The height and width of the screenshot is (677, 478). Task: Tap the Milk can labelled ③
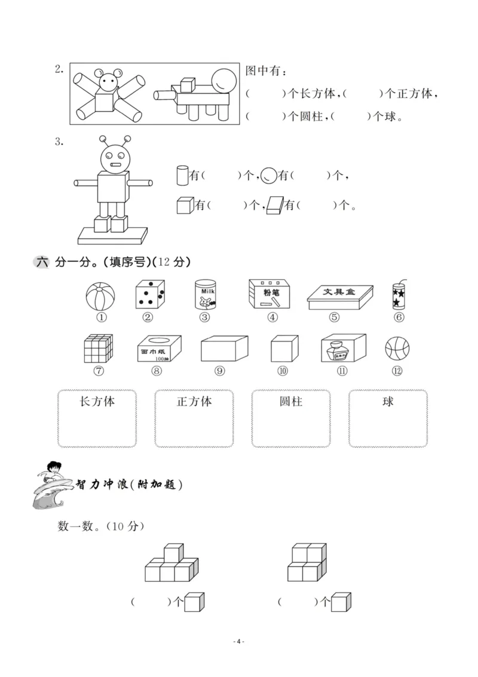click(204, 294)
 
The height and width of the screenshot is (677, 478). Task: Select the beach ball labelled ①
click(100, 295)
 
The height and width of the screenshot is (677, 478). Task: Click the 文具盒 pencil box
click(340, 297)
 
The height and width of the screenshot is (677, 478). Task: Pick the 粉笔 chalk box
click(271, 294)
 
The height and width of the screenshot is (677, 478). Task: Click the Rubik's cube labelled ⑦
click(99, 347)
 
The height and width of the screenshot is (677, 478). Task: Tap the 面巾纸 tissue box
click(158, 348)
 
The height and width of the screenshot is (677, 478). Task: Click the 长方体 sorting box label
click(97, 401)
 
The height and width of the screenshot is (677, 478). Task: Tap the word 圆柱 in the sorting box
click(291, 401)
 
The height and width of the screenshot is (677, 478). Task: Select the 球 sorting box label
click(388, 401)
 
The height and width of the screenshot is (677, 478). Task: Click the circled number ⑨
click(220, 371)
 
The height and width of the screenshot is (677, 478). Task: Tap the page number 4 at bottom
click(238, 641)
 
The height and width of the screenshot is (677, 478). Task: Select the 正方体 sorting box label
click(194, 401)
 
